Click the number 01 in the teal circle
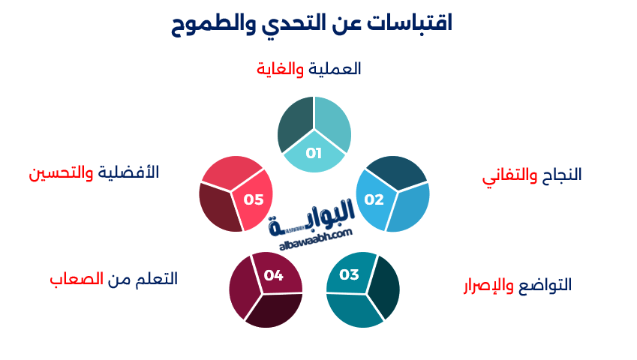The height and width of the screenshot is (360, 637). (x=314, y=154)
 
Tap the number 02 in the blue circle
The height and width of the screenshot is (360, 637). (x=374, y=199)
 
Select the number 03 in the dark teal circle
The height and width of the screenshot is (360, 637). (x=350, y=274)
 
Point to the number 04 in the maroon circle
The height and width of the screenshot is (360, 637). (x=273, y=275)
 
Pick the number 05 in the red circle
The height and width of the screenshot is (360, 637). (x=254, y=199)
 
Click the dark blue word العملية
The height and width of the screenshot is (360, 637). (x=335, y=69)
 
